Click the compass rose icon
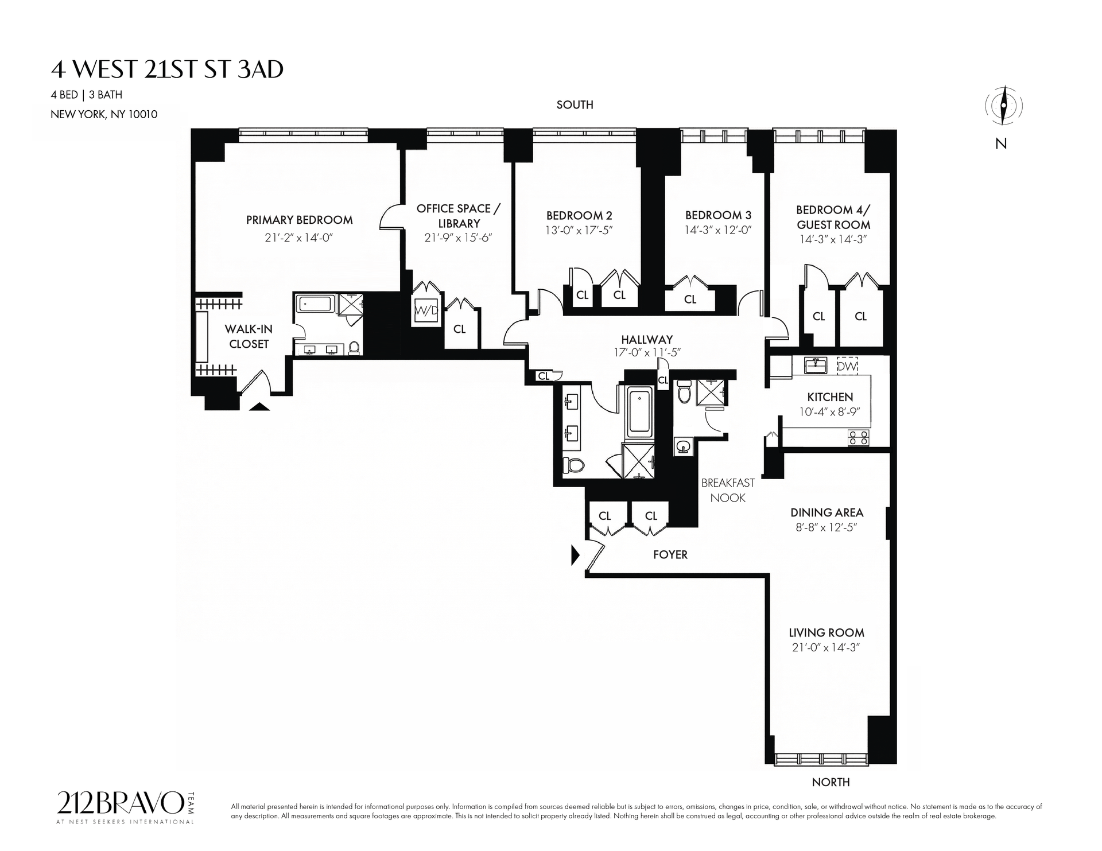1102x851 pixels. (x=1004, y=106)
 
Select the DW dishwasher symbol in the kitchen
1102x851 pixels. (x=847, y=366)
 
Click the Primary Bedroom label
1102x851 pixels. (x=299, y=220)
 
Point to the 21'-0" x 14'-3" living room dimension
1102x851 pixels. (x=826, y=647)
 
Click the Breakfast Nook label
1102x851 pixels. (x=728, y=490)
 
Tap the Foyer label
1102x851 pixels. (x=670, y=554)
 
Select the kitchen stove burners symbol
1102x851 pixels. (x=859, y=437)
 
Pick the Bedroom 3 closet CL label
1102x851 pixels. (x=690, y=299)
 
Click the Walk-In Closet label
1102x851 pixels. (x=249, y=336)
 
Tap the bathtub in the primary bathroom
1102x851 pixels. (x=316, y=304)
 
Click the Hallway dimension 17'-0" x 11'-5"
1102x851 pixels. (x=647, y=352)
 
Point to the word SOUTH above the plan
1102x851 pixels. (x=575, y=104)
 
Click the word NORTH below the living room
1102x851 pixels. (x=831, y=782)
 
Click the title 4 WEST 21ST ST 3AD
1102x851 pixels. (x=167, y=69)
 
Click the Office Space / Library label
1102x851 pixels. (x=459, y=216)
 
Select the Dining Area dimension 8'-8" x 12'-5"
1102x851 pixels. (x=826, y=527)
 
